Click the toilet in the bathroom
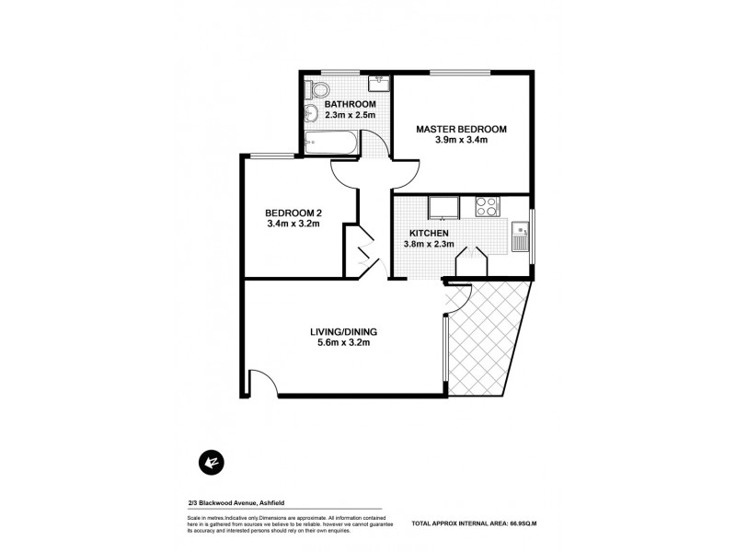pyautogui.click(x=319, y=90)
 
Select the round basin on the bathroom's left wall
pyautogui.click(x=311, y=114)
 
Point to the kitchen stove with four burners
pyautogui.click(x=486, y=208)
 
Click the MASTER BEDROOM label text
pyautogui.click(x=460, y=129)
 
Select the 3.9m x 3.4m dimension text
pyautogui.click(x=460, y=141)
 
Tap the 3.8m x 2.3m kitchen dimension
pyautogui.click(x=430, y=246)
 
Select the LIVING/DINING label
pyautogui.click(x=345, y=332)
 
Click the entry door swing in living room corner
pyautogui.click(x=262, y=383)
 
